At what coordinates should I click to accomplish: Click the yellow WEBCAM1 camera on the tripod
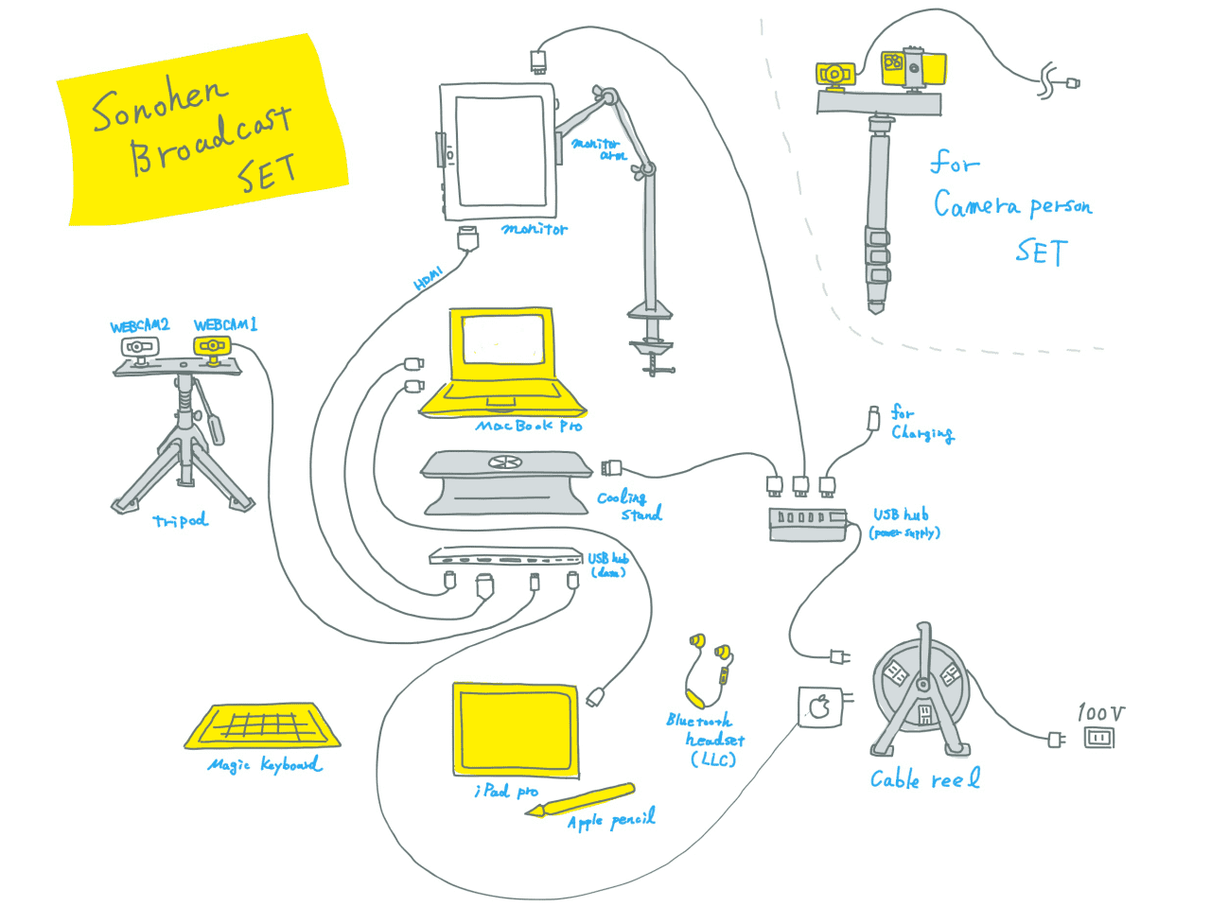coord(213,346)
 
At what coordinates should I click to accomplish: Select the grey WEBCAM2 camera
coord(139,347)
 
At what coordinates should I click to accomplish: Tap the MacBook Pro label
coord(529,427)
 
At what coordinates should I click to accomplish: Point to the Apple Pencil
coord(582,801)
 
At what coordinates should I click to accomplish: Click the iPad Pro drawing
coord(516,730)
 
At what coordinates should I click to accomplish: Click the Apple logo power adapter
coord(819,706)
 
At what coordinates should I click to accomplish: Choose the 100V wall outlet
coord(1098,737)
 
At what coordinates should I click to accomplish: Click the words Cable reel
coord(924,779)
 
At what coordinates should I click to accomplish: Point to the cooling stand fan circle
coord(504,462)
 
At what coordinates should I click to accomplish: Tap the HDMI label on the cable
coord(429,279)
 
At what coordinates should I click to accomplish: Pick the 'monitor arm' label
coord(599,149)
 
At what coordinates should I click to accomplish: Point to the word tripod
coord(180,520)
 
